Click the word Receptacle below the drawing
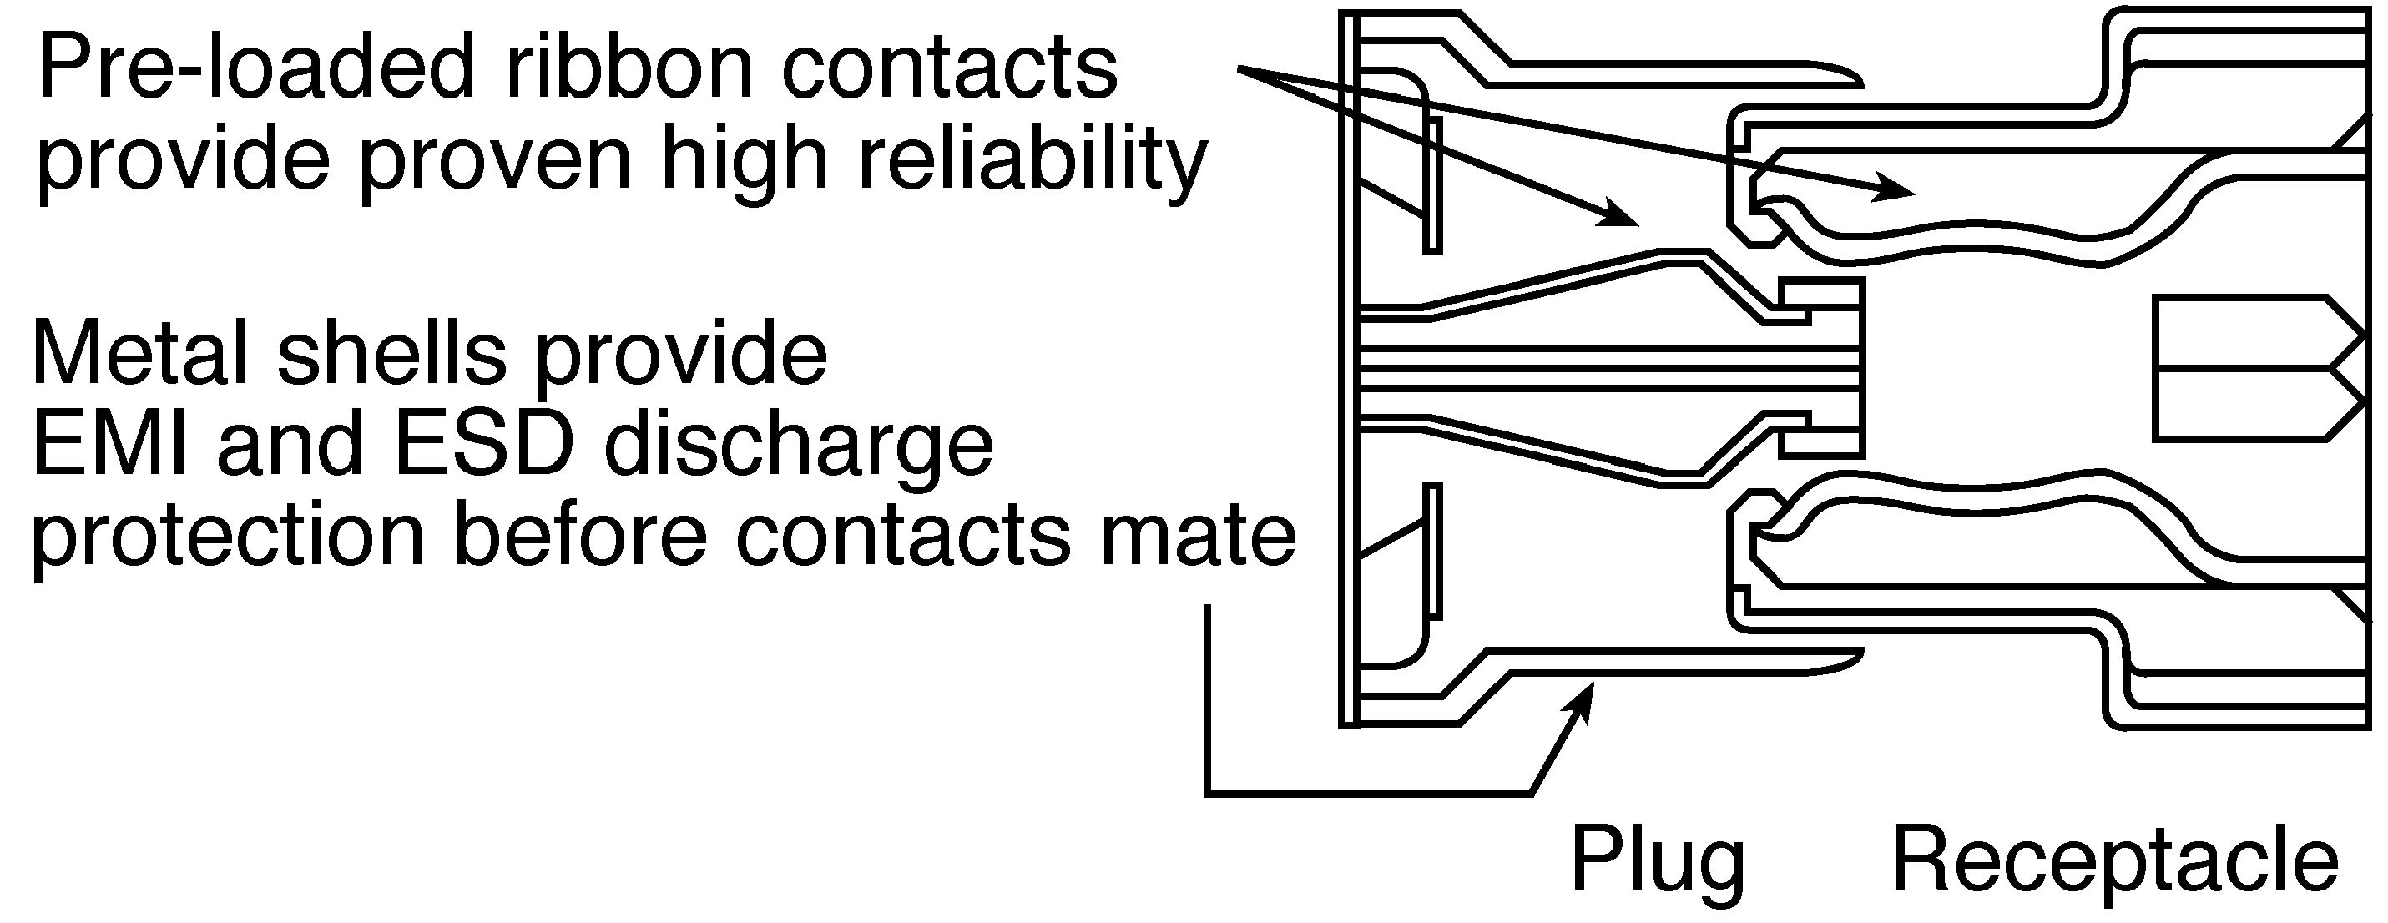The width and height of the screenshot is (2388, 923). coord(2114,862)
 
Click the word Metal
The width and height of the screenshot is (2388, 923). coord(140,353)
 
